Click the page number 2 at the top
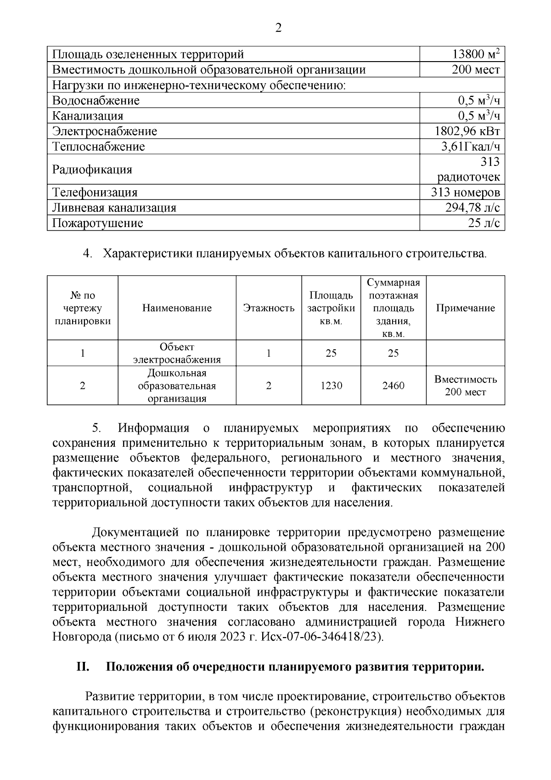(x=278, y=28)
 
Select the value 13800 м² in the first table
(x=476, y=55)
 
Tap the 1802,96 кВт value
(x=467, y=131)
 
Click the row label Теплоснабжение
(x=99, y=147)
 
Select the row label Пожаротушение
(x=98, y=223)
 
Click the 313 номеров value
(x=465, y=193)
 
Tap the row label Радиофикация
(x=92, y=170)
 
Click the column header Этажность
(x=269, y=308)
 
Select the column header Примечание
(x=465, y=308)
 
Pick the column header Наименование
(x=177, y=308)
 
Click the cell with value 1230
(x=331, y=386)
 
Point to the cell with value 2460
(x=393, y=386)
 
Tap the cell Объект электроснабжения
(x=177, y=353)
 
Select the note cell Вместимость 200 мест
(x=465, y=386)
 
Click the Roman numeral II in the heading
(x=83, y=667)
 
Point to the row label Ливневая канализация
(x=114, y=208)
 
